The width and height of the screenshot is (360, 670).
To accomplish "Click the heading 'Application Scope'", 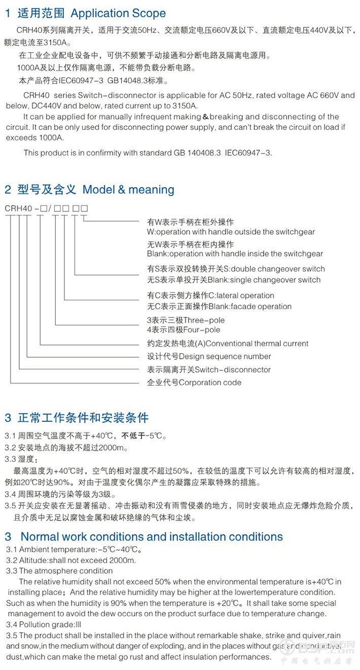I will [x=118, y=13].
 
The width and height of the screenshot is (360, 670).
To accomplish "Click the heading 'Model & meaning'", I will [x=128, y=190].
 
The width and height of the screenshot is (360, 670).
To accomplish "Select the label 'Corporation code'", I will [x=210, y=383].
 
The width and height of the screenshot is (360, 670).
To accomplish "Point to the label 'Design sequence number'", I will [x=225, y=356].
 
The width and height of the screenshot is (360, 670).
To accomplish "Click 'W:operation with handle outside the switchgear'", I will [x=231, y=232].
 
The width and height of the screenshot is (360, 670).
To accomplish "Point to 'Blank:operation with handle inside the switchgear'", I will [x=235, y=254].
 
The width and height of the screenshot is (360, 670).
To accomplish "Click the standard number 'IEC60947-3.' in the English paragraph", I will [x=248, y=153].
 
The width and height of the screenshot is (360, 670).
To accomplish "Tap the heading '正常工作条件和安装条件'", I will [x=83, y=418].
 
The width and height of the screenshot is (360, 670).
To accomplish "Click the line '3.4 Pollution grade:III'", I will [x=44, y=625].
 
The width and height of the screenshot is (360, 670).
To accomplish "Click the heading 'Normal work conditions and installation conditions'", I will [x=152, y=537].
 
